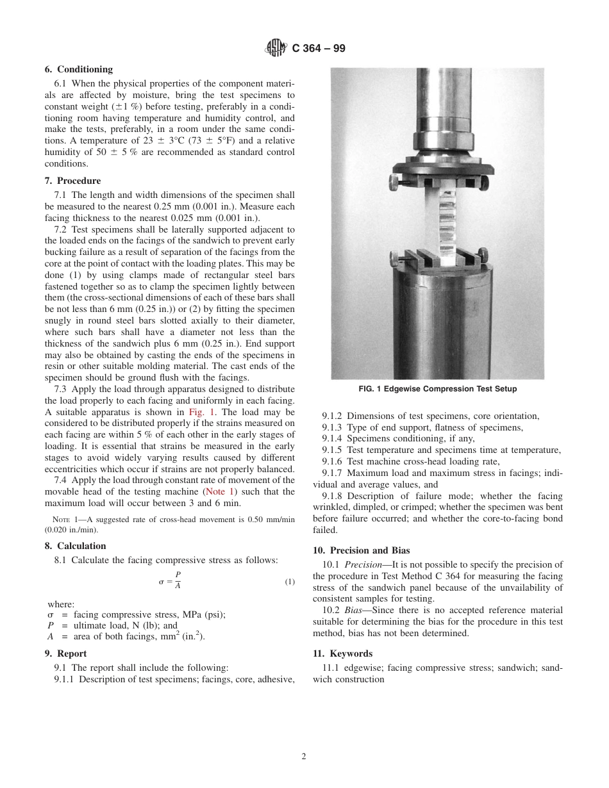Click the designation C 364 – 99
(x=319, y=48)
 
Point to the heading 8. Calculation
(x=81, y=546)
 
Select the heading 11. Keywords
(x=343, y=653)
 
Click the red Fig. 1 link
(x=202, y=412)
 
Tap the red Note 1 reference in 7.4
(x=219, y=491)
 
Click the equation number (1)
(x=289, y=582)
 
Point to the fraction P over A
(x=178, y=581)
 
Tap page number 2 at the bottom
(x=304, y=756)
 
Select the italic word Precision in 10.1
(x=363, y=564)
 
